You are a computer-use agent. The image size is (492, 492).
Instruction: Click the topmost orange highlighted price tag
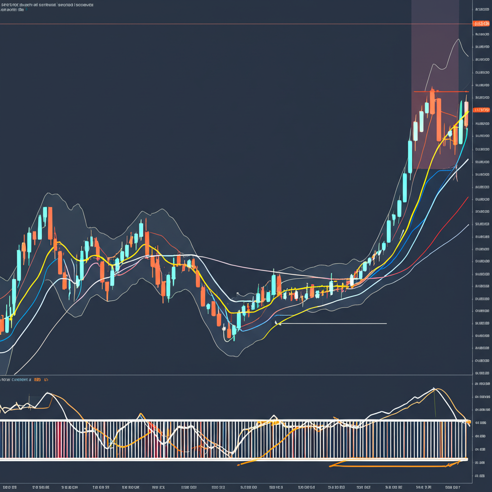tap(481, 23)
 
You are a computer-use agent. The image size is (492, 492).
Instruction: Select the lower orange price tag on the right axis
tap(481, 110)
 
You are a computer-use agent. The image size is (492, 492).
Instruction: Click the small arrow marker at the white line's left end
tap(276, 323)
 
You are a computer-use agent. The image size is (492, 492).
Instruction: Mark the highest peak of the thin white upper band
tap(458, 39)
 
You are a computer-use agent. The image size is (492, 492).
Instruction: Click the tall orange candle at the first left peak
tap(50, 223)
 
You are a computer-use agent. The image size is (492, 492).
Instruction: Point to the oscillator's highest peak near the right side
tap(434, 388)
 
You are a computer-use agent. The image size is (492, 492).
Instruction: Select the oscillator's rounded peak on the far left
tap(49, 394)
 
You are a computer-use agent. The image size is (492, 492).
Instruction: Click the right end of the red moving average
tap(467, 197)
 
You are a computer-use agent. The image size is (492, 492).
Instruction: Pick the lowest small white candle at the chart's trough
tap(224, 328)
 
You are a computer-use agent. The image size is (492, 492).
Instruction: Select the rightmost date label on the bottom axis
tap(453, 487)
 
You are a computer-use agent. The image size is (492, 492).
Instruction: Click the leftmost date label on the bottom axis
tap(10, 487)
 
